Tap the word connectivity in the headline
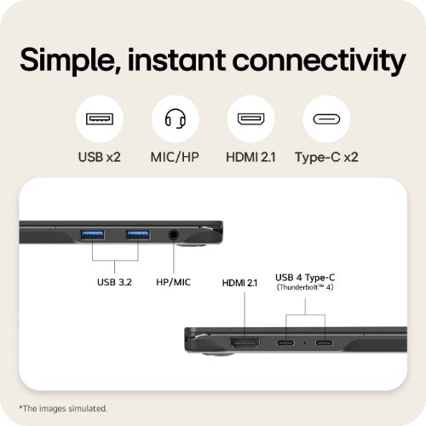319,61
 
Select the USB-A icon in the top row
100,119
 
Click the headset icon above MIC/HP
176,118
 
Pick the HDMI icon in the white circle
251,119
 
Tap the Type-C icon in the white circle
326,119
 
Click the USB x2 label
100,157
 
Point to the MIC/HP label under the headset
175,157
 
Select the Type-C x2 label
326,158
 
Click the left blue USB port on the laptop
93,235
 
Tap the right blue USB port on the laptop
138,235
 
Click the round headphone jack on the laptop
174,235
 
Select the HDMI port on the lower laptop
245,343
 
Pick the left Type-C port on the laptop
285,343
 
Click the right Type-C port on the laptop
324,343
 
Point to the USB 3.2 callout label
114,282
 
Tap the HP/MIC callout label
174,282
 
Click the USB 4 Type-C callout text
305,278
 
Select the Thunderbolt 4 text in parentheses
305,287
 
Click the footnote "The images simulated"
63,408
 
